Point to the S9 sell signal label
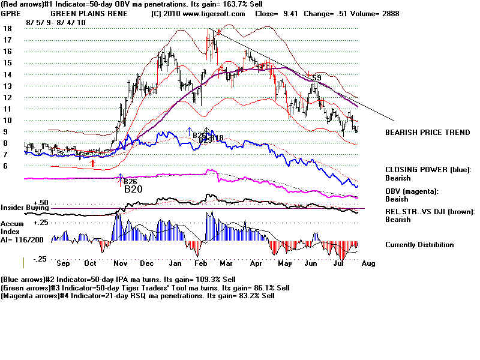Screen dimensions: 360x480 (x=316, y=77)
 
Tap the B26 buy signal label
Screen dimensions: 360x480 (x=130, y=181)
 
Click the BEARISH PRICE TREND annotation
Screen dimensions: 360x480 (x=427, y=132)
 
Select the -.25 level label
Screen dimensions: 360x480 (x=40, y=259)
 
